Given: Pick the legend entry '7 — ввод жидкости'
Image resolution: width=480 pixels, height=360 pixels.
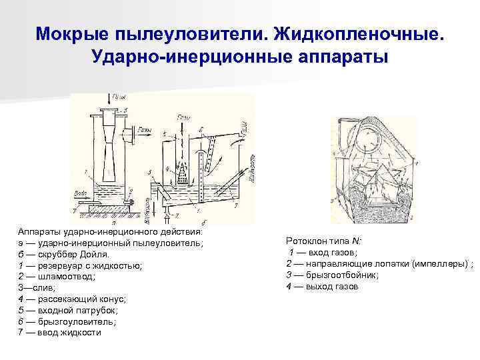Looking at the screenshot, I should (x=59, y=332).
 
